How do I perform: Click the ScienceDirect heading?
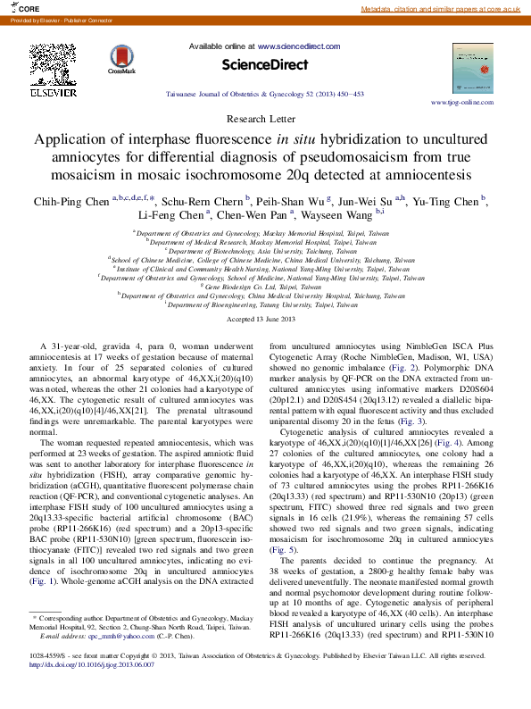point(264,64)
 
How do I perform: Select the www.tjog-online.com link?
point(462,103)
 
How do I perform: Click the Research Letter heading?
point(265,118)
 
